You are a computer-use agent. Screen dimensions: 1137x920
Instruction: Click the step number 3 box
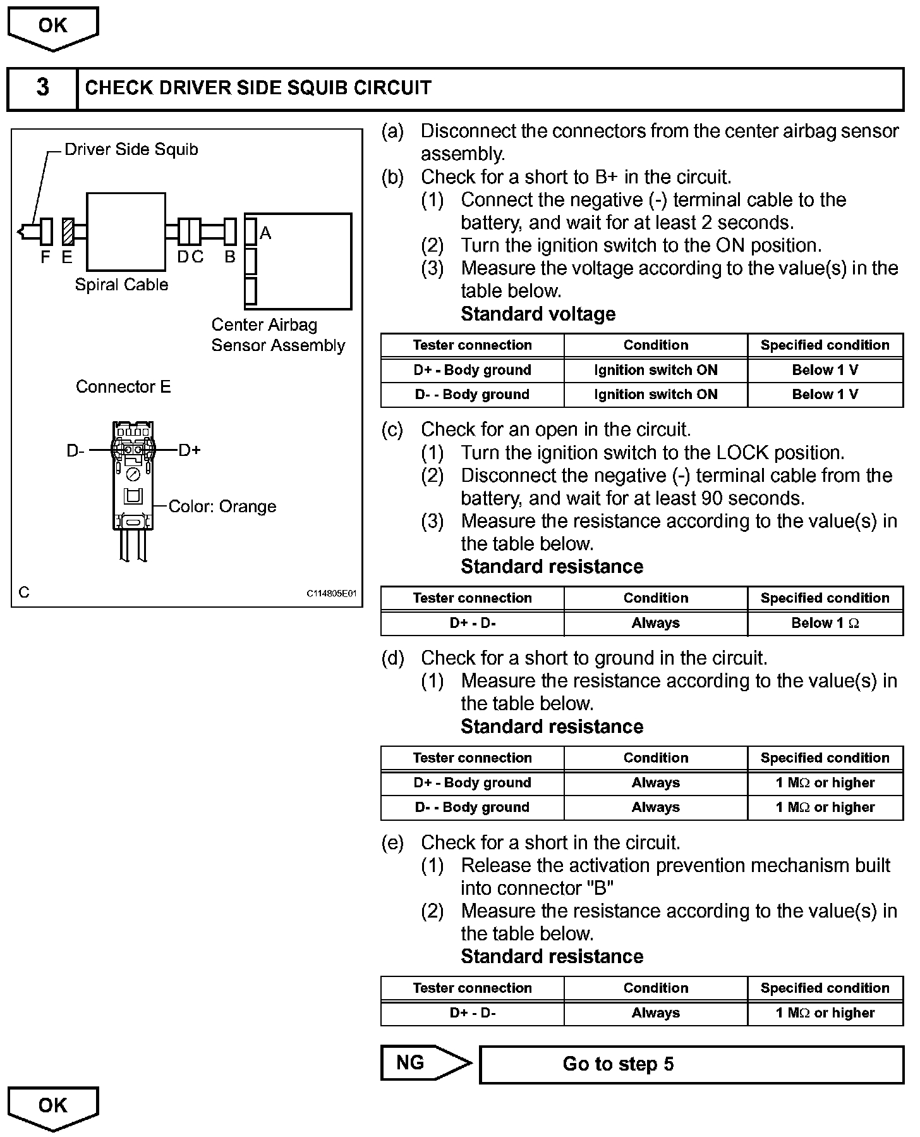[x=42, y=88]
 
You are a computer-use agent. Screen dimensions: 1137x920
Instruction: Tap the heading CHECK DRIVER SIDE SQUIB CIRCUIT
[x=258, y=88]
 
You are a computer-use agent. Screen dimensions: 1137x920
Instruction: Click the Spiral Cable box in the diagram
[x=126, y=232]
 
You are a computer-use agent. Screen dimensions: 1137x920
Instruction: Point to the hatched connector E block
[x=68, y=231]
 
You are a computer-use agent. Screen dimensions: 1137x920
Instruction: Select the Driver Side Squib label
[x=131, y=150]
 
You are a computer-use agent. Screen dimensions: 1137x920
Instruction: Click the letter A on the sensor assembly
[x=265, y=233]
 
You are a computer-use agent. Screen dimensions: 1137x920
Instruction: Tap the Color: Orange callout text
[x=222, y=507]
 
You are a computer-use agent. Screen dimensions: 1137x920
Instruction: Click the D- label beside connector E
[x=76, y=451]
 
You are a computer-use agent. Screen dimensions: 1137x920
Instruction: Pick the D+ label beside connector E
[x=190, y=450]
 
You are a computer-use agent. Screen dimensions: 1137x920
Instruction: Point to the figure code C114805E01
[x=332, y=594]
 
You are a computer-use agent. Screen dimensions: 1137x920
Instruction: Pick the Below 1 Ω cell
[x=825, y=624]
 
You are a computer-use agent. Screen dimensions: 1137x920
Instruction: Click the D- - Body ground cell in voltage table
[x=472, y=395]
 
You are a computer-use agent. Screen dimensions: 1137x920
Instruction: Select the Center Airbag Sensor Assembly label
[x=278, y=335]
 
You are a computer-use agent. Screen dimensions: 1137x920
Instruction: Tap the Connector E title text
[x=123, y=387]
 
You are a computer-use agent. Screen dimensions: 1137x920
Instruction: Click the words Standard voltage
[x=538, y=314]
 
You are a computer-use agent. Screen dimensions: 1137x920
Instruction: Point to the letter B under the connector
[x=230, y=257]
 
